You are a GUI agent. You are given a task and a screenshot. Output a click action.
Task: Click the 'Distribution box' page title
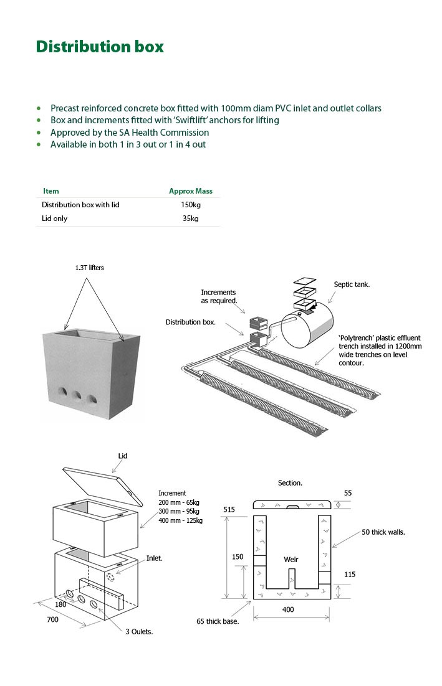point(100,47)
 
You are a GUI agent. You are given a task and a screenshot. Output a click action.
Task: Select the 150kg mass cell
point(191,205)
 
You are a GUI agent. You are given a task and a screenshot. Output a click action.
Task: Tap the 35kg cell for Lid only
point(191,218)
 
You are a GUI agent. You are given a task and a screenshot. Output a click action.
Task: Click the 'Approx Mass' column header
point(191,191)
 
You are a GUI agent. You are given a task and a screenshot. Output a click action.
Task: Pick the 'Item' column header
point(51,191)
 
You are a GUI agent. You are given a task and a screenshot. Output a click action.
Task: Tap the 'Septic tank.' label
point(352,284)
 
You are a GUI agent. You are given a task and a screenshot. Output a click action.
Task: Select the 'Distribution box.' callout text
point(191,322)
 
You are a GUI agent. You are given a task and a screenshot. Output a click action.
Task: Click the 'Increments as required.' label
point(219,296)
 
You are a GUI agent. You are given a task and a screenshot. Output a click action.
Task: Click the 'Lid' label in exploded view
point(123,456)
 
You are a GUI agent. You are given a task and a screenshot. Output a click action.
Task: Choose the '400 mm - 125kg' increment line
point(180,520)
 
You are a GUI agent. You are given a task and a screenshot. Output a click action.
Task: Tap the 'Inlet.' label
point(155,558)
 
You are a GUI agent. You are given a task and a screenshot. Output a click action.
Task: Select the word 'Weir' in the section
point(291,559)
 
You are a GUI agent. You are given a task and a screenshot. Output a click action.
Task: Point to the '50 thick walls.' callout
point(383,532)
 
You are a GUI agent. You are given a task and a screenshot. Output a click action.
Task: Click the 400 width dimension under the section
point(287,609)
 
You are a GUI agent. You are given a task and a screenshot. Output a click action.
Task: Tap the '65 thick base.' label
point(218,621)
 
